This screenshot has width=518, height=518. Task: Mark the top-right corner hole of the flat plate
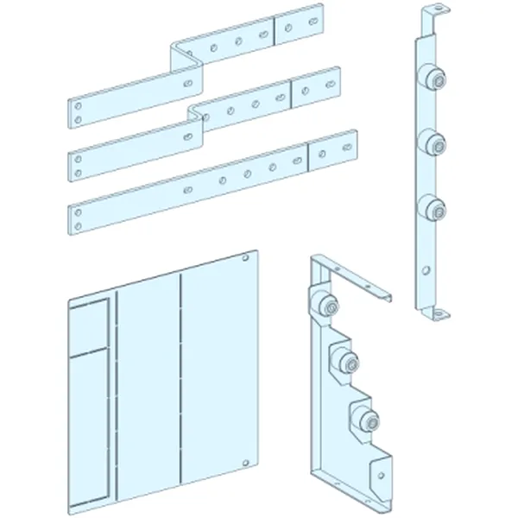pos(248,257)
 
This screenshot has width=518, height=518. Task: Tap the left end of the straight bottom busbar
pos(79,217)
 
